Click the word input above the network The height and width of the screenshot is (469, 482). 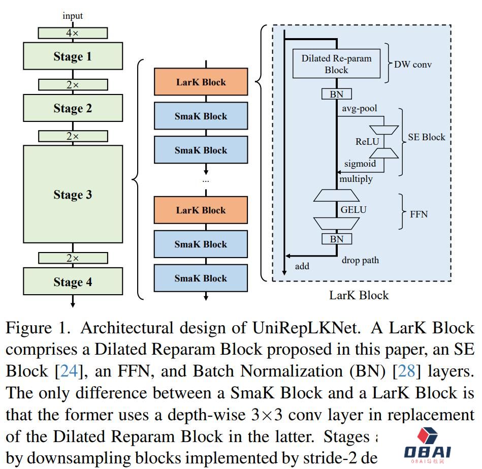[x=73, y=16]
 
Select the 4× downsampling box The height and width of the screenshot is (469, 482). [x=73, y=33]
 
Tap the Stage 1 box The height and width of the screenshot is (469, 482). [x=73, y=56]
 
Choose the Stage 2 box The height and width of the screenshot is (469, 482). [x=73, y=108]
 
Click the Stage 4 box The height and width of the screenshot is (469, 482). [x=73, y=282]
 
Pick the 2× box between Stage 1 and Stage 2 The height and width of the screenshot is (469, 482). [x=73, y=85]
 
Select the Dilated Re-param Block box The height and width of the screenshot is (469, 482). [x=336, y=64]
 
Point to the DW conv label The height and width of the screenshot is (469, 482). [x=413, y=65]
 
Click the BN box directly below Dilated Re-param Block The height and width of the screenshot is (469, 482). [x=336, y=94]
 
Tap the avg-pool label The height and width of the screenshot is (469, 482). [x=360, y=109]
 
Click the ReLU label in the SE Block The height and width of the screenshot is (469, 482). [x=367, y=142]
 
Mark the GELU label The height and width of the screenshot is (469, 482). [x=354, y=209]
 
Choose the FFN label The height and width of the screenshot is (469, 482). [x=419, y=214]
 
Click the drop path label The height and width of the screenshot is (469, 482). [x=360, y=260]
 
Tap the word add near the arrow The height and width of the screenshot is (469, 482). [x=302, y=266]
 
